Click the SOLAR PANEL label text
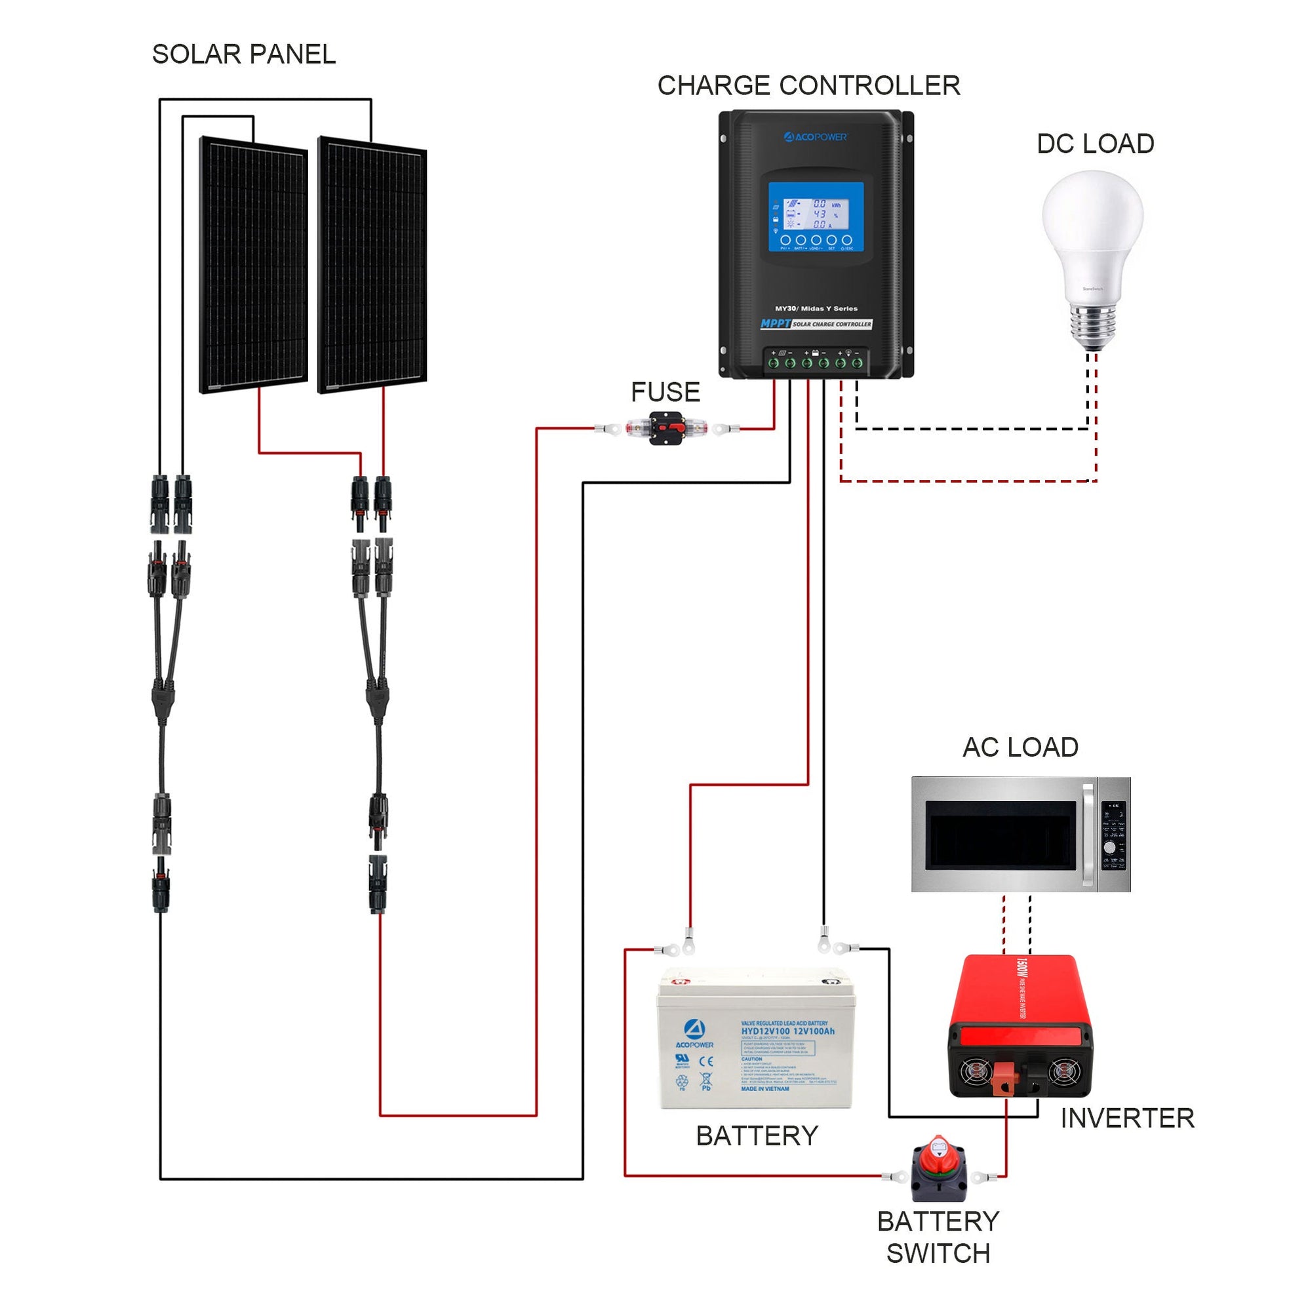click(x=244, y=54)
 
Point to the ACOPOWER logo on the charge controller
click(x=815, y=138)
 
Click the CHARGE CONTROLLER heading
click(x=808, y=86)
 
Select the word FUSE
click(x=665, y=392)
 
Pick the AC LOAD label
click(x=1020, y=747)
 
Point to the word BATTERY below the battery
click(x=757, y=1136)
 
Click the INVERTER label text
click(x=1126, y=1118)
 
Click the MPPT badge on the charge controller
click(x=776, y=324)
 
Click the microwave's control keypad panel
click(x=1114, y=835)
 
